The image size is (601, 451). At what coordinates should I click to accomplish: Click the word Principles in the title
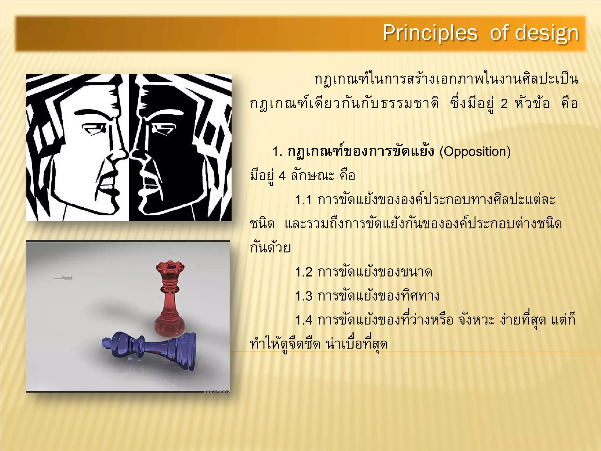click(430, 33)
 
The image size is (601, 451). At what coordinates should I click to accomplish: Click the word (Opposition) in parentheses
click(475, 152)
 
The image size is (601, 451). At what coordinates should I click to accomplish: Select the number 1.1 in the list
click(303, 201)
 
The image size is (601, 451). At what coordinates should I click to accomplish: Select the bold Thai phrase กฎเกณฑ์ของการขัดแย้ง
click(360, 152)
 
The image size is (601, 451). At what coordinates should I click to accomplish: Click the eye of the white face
click(93, 129)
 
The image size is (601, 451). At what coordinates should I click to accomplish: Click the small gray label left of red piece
click(63, 278)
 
